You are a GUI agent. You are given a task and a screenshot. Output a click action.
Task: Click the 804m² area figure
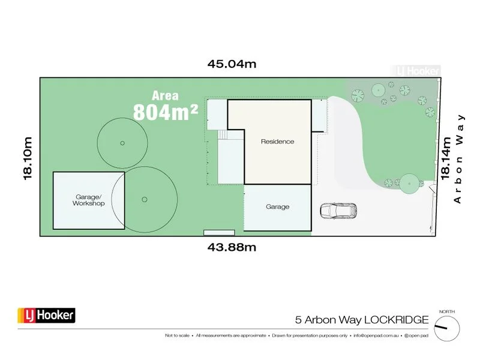[166, 112]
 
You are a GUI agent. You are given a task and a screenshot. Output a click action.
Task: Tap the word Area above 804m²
[165, 95]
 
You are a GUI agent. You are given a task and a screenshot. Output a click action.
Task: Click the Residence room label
[277, 142]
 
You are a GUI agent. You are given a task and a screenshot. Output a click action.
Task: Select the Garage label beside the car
[277, 206]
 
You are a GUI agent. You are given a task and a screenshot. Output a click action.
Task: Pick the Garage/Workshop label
[89, 200]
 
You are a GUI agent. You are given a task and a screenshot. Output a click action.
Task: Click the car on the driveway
[338, 211]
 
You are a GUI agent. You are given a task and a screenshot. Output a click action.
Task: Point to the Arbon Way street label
[460, 158]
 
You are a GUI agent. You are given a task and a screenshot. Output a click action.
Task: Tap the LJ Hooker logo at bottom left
[46, 315]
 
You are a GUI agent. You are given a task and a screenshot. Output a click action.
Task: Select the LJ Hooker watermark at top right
[416, 71]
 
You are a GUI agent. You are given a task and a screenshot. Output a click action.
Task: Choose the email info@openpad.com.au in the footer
[379, 335]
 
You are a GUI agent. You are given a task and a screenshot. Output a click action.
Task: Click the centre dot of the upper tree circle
[122, 143]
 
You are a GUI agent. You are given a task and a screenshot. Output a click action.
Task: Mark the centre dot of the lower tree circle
[144, 199]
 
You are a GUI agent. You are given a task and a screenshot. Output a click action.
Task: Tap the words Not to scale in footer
[179, 335]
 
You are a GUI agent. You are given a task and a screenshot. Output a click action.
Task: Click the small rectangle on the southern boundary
[218, 232]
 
